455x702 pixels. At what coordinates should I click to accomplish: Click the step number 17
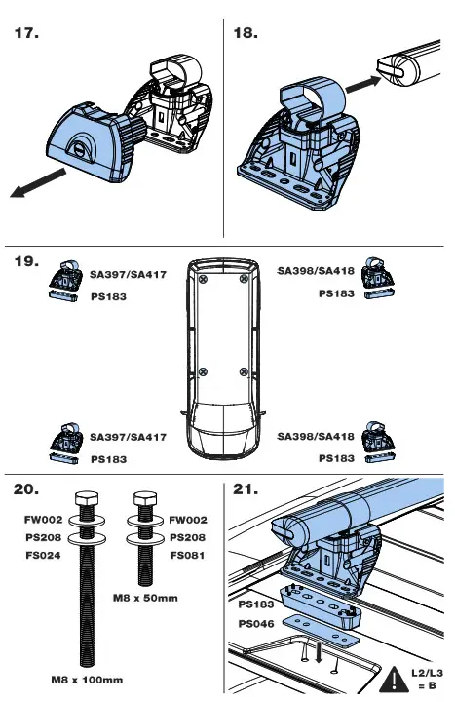[26, 34]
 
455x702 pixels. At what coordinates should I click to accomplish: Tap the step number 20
[27, 489]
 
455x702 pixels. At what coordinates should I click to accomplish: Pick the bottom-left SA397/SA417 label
[129, 438]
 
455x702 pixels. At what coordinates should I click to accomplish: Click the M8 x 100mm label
[89, 679]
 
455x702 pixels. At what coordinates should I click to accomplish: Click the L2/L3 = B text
[428, 679]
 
